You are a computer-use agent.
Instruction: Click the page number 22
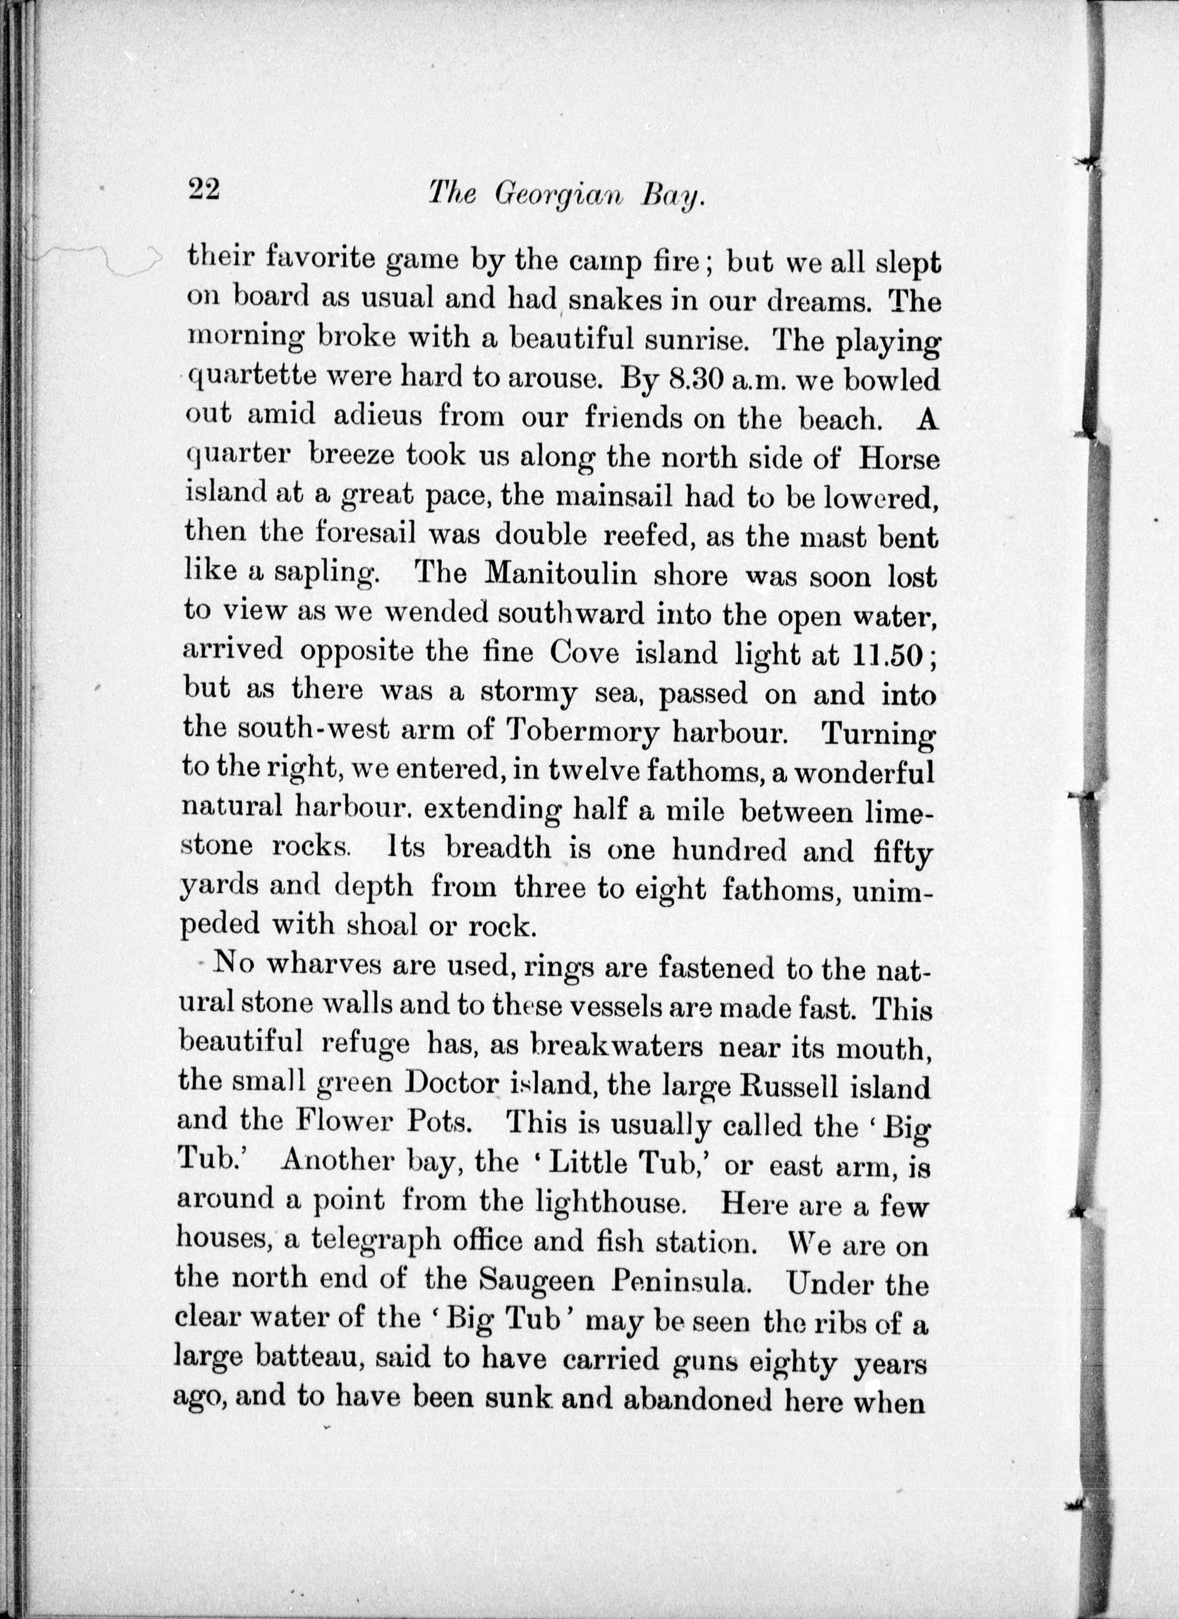point(204,191)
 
